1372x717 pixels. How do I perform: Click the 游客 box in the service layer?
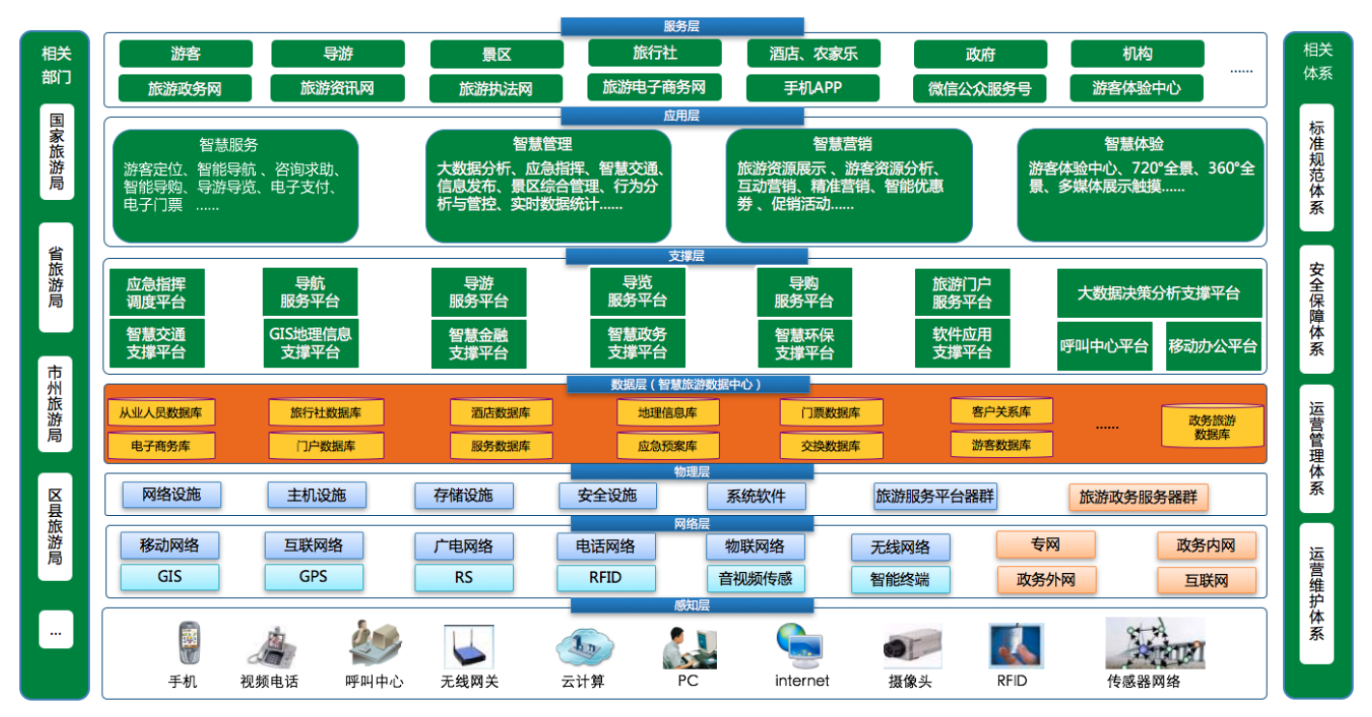pos(186,54)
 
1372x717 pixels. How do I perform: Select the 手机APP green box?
pos(813,88)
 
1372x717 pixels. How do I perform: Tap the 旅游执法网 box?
pos(496,89)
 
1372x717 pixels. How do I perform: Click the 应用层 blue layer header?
pos(682,116)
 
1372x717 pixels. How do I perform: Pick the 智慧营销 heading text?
pos(843,144)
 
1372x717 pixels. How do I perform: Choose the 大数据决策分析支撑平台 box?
pos(1158,294)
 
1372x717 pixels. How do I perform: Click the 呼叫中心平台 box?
pos(1104,346)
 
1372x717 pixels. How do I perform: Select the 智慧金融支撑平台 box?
pos(478,344)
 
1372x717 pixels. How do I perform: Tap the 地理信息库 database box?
pos(668,413)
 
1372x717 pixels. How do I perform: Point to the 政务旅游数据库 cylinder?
pos(1213,426)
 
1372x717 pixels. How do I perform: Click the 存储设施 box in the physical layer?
pos(464,496)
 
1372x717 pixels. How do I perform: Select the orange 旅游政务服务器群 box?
pos(1138,497)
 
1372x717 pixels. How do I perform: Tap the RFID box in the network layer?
pos(606,577)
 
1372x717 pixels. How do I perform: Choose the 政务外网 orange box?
pos(1046,580)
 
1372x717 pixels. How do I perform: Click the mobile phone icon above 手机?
pos(189,643)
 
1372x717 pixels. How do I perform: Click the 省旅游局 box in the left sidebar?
pos(56,277)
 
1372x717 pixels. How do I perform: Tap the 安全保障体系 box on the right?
pos(1317,309)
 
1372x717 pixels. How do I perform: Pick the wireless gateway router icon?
pos(470,645)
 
